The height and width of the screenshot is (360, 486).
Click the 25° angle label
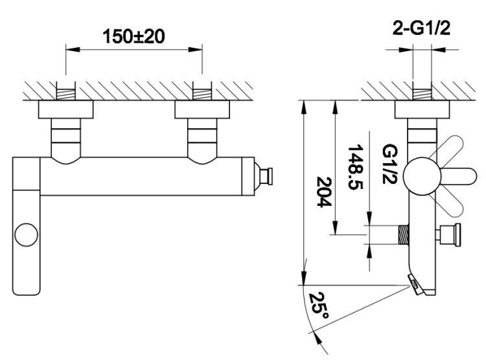(318, 306)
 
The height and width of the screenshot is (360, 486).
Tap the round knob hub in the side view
(417, 175)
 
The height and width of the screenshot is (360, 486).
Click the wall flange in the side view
(422, 109)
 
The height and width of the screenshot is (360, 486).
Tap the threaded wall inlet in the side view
(422, 93)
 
